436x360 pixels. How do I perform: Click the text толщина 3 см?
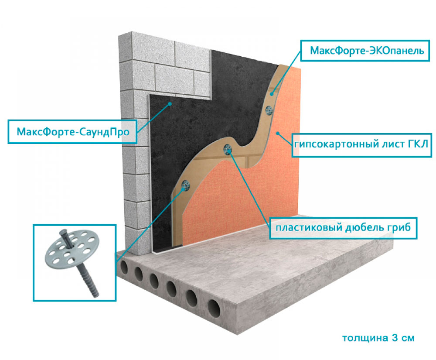[377, 338]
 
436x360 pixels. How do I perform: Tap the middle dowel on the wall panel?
[228, 150]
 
